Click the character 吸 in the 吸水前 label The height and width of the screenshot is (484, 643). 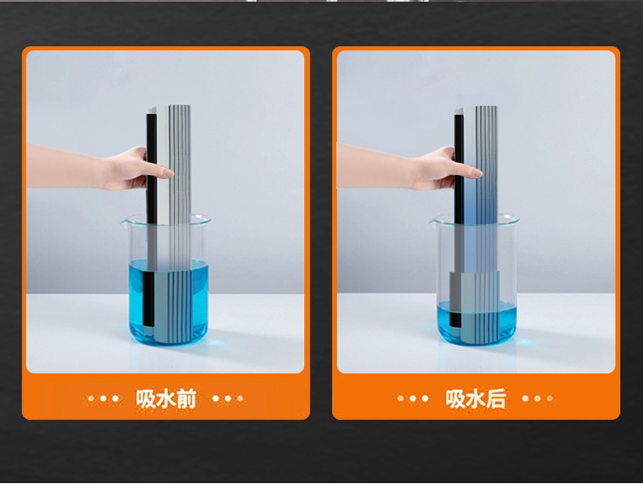[x=146, y=398]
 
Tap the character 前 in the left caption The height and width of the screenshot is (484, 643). [x=187, y=398]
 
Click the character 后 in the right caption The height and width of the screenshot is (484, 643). [x=496, y=398]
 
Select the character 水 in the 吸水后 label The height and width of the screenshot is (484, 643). [x=476, y=398]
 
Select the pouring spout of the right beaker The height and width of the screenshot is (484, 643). [x=434, y=222]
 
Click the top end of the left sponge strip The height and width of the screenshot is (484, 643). [x=169, y=107]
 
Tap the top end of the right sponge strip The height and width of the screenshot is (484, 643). [x=476, y=108]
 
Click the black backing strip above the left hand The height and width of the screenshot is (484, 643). [x=151, y=130]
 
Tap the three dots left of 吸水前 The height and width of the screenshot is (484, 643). [x=104, y=398]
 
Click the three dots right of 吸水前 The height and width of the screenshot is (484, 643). [x=228, y=398]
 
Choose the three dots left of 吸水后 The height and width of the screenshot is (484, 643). [x=413, y=398]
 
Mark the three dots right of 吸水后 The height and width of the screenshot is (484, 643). [x=538, y=398]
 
